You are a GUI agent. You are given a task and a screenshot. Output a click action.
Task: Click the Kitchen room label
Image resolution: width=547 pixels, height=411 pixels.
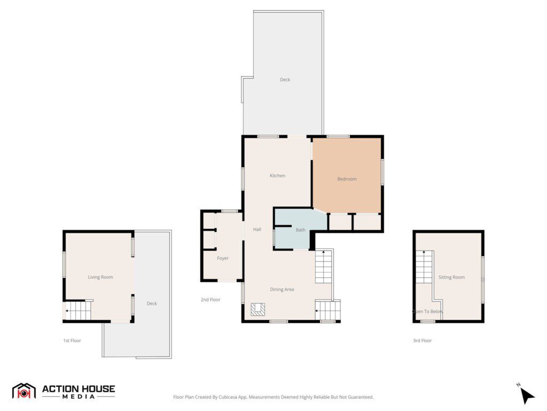point(277,176)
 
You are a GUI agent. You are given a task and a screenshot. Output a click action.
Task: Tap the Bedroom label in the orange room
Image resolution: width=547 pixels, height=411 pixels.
point(347,179)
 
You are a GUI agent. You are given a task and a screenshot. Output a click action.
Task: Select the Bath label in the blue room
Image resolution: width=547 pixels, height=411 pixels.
point(300,230)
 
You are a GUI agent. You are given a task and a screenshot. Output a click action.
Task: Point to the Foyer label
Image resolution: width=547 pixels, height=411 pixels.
point(223,258)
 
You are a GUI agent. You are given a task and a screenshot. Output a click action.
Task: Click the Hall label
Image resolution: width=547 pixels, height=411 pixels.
point(257,230)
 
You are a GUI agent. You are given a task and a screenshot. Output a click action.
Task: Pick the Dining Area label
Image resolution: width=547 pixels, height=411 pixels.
point(282,290)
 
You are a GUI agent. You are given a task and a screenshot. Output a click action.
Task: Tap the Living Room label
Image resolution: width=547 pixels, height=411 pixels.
point(100,277)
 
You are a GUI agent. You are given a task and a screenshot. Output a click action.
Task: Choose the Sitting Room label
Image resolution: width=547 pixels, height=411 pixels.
point(451,277)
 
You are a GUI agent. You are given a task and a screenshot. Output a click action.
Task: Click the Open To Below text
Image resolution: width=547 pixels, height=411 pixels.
point(427,311)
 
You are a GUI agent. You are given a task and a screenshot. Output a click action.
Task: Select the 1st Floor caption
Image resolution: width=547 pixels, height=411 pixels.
point(72,340)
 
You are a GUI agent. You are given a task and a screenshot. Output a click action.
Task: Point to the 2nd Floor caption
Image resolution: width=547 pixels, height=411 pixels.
point(210,300)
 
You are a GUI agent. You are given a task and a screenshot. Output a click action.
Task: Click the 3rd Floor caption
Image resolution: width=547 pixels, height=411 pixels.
point(422,340)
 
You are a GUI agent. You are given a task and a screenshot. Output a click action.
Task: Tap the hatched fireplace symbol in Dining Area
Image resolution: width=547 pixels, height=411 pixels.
point(258,309)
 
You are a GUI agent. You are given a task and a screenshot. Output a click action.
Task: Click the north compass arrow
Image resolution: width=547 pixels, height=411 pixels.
point(527,395)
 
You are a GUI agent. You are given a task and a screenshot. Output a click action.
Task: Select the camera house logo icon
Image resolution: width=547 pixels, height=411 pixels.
point(24,391)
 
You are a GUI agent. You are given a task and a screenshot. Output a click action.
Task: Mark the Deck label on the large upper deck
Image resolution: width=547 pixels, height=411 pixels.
point(285,80)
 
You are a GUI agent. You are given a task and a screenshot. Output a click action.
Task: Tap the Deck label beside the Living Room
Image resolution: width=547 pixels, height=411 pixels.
point(152,303)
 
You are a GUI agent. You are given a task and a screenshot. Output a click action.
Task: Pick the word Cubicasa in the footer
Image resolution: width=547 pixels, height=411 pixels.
point(229,397)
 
